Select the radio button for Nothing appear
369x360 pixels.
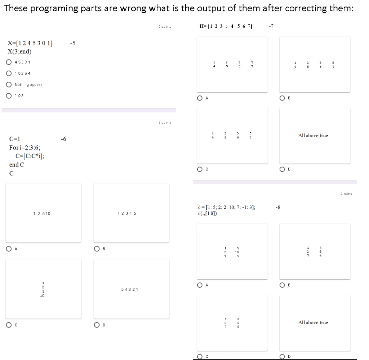click(9, 85)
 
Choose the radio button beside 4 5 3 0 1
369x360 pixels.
click(9, 62)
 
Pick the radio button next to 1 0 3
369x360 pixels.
click(9, 96)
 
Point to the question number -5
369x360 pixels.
click(72, 43)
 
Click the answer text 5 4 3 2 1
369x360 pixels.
click(131, 289)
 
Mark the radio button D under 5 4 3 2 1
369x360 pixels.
click(97, 325)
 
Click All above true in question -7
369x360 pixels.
click(313, 135)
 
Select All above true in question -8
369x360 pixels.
click(313, 323)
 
